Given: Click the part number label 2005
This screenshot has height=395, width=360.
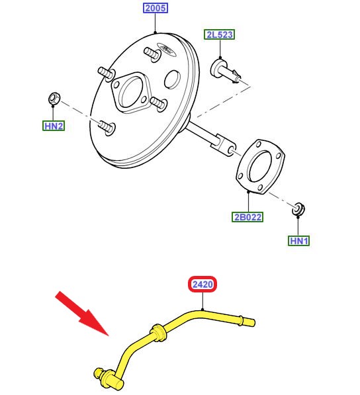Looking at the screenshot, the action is coord(156,8).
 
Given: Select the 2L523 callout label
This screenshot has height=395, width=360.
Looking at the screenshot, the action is coord(220,34).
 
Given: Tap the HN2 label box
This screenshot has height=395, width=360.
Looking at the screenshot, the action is coord(54,126).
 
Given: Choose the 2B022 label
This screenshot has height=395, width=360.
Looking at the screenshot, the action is coord(247,217).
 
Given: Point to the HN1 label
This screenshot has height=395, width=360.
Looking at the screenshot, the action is coord(298,241).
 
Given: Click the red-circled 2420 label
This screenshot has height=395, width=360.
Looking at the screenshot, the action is coord(202,284).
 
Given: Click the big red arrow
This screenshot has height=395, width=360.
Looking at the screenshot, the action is coord(81,313).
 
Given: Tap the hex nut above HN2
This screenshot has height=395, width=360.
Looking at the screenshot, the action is coord(54,99).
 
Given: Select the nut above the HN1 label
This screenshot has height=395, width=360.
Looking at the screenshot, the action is coord(298,209).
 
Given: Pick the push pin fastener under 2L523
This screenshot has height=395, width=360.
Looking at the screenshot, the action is coord(225,71).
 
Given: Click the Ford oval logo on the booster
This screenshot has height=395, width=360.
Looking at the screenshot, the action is coord(166,48).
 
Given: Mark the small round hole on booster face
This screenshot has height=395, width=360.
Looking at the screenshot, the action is coord(172,79).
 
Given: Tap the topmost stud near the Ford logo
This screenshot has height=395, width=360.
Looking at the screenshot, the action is coord(152,54).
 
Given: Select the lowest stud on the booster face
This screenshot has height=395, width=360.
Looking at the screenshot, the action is coord(107,127).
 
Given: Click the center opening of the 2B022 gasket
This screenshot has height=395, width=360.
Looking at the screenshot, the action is coord(259,166).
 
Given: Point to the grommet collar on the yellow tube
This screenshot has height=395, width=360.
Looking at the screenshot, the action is coord(159,333).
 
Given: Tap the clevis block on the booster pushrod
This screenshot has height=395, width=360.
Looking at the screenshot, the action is coord(223,145).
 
